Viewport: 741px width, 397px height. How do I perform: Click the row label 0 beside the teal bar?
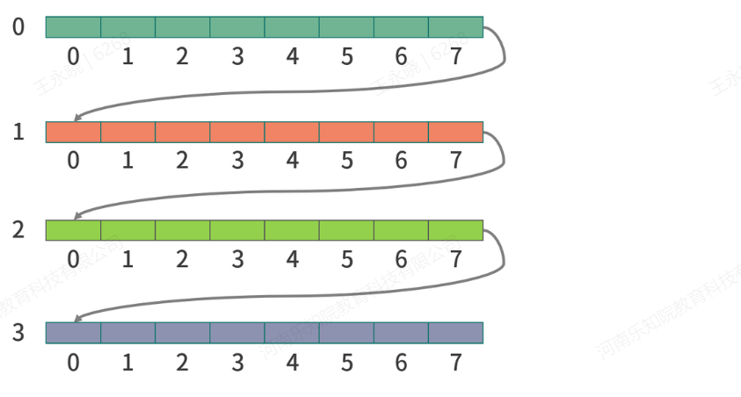[18, 27]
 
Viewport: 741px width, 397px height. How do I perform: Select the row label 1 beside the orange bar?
[18, 133]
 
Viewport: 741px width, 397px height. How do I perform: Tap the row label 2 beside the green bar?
[18, 230]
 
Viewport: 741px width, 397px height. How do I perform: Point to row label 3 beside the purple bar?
[18, 333]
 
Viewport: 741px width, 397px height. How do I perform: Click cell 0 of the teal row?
[73, 27]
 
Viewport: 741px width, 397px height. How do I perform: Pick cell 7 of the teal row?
[455, 27]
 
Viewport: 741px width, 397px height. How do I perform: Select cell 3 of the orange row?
[237, 132]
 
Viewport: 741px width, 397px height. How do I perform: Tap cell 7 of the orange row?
[455, 132]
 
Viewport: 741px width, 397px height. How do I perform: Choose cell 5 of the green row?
[346, 230]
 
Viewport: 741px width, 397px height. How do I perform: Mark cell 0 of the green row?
[73, 230]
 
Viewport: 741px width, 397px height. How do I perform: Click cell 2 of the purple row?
[183, 333]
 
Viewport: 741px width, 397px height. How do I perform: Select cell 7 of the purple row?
[455, 333]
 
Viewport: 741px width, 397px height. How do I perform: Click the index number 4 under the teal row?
[292, 57]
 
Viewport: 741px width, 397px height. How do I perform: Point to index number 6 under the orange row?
[401, 161]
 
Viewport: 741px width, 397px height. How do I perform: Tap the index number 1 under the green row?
[127, 260]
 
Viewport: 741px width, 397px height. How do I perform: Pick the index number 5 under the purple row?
[346, 362]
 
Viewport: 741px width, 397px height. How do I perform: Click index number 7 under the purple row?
[455, 362]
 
